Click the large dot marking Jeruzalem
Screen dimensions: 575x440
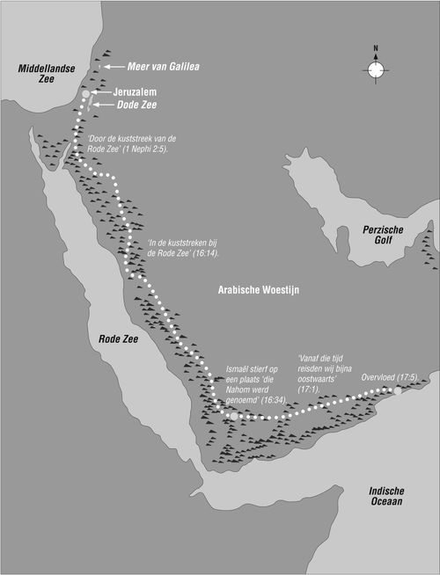[x=85, y=94]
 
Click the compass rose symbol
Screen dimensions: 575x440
[x=376, y=69]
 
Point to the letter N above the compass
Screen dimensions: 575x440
[x=376, y=48]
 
